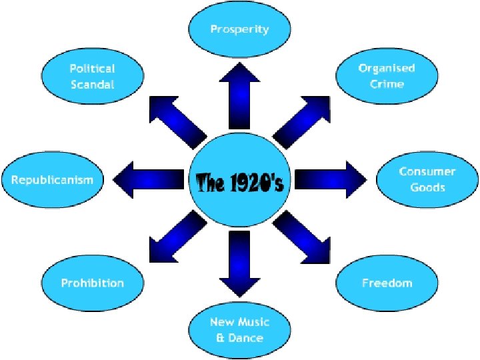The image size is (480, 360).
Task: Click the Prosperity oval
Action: click(239, 30)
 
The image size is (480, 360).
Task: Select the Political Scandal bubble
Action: click(92, 77)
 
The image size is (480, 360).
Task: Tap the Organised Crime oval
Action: click(386, 77)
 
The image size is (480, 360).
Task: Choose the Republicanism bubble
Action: click(52, 180)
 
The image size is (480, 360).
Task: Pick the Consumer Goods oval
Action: click(427, 180)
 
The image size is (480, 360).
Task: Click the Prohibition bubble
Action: click(92, 283)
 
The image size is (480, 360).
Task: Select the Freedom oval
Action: click(387, 283)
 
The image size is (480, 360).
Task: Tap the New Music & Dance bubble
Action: click(239, 330)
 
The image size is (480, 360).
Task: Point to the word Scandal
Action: click(92, 85)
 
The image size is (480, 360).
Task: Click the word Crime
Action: click(386, 85)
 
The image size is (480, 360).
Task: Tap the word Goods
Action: click(427, 188)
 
